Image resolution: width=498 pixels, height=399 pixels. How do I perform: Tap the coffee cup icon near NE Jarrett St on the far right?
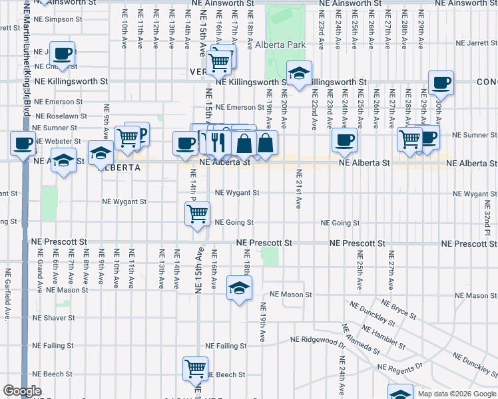pos(441,83)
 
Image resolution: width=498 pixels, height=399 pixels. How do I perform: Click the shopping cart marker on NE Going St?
pos(197,215)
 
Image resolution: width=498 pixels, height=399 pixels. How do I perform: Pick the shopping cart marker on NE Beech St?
pos(196,368)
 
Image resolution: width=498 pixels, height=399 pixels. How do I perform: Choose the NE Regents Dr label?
pos(400,366)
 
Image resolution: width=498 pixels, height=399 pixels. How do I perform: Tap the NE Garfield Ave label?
pos(8,293)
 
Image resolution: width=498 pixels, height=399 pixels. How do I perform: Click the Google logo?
pos(22,391)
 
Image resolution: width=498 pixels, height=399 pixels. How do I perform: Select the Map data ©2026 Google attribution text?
pos(456,394)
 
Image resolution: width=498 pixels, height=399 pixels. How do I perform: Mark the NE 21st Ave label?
pos(298,190)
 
